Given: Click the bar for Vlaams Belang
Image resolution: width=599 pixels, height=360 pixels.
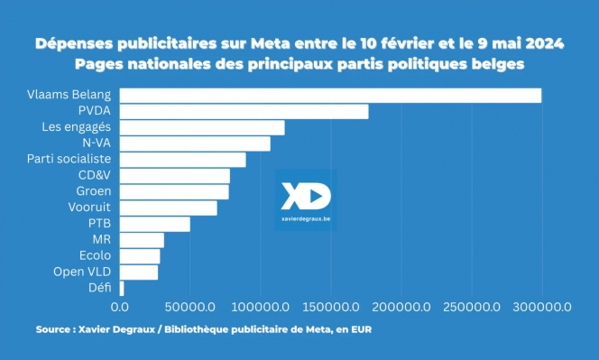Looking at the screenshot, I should pos(330,96).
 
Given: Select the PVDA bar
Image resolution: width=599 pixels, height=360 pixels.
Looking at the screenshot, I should pos(244,112).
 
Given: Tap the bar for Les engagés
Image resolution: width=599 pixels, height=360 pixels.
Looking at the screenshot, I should pos(202,127).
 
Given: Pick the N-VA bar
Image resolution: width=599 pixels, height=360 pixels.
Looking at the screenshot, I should pos(195,143).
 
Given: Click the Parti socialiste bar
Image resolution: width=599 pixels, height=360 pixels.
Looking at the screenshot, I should pos(182,160).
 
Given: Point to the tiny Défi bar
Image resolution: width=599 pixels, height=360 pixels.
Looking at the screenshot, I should pos(122,288).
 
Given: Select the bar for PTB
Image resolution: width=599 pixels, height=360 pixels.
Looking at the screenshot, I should pos(154,224).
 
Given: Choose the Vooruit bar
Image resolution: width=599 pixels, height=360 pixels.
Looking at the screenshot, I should pos(168,208).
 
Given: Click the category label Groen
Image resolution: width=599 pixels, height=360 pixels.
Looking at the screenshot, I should pos(94,191).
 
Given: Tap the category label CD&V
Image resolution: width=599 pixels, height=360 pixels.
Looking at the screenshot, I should pos(94,175).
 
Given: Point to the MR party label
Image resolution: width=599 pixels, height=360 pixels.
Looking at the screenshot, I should pos(102,239).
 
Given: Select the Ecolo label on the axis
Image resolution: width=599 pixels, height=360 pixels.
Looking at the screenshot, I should pos(96,255).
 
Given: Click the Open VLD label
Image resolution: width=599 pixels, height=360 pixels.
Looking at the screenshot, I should pos(83,272).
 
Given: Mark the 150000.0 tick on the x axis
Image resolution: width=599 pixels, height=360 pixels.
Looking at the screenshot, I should pos(331,308).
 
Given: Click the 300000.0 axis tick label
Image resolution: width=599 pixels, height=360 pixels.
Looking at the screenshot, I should pos(541,308).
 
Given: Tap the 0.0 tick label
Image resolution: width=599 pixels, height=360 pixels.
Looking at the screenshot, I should pos(120,308).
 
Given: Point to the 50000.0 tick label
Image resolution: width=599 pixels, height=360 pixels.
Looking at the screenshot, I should pos(190,308).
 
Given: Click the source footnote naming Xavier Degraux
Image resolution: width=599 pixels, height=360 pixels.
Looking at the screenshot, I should pos(203,330).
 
